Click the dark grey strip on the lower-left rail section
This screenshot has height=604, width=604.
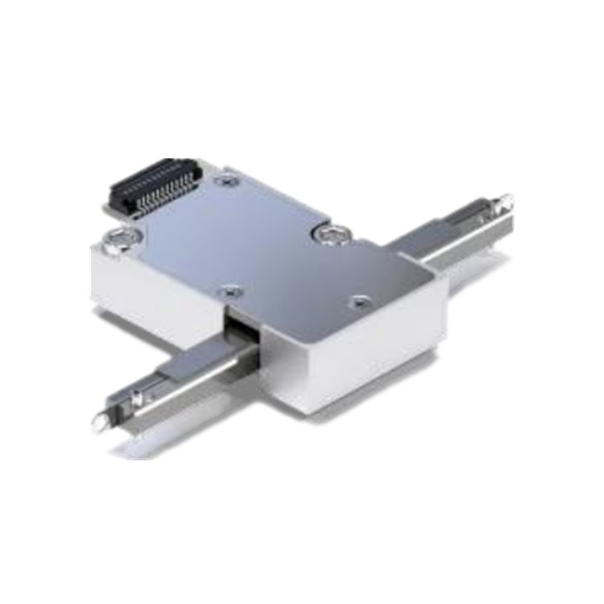coord(189,366)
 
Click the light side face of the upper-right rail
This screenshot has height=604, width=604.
coord(459,246)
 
